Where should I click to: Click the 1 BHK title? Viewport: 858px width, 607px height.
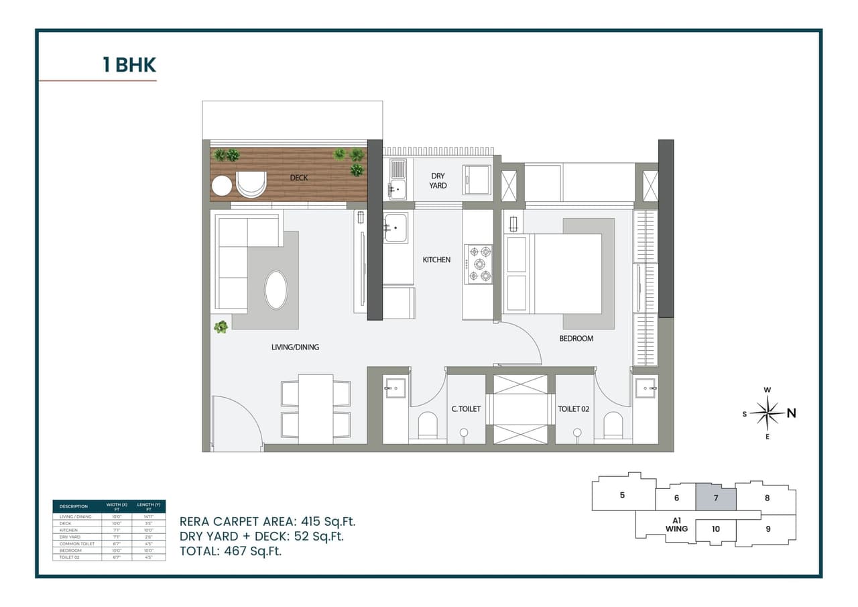tap(129, 65)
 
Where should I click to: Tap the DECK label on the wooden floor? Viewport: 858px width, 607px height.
tap(299, 178)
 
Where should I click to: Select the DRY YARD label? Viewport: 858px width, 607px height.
tap(438, 180)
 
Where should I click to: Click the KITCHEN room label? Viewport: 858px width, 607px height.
tap(436, 260)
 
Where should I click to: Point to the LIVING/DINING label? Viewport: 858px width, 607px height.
tap(295, 347)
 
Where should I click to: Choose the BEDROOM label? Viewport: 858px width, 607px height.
tap(576, 339)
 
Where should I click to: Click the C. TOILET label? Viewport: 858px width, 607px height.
tap(466, 408)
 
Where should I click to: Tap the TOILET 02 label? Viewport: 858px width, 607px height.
tap(573, 408)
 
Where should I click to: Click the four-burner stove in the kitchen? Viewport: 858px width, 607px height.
tap(479, 264)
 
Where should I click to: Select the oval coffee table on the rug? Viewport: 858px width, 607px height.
tap(276, 290)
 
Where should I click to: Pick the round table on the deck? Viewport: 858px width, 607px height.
tap(221, 185)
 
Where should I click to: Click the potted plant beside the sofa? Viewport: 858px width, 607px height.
tap(221, 327)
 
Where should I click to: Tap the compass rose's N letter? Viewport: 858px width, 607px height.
tap(792, 413)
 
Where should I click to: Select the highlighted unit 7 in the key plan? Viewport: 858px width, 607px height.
tap(715, 498)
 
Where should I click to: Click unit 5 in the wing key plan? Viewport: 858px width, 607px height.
tap(622, 495)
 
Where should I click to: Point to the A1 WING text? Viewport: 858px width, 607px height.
tap(677, 525)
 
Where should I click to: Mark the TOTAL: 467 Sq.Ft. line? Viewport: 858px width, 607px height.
tap(231, 551)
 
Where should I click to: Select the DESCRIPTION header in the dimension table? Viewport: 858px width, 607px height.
tap(74, 506)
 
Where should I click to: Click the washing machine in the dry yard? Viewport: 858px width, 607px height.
tap(477, 180)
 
